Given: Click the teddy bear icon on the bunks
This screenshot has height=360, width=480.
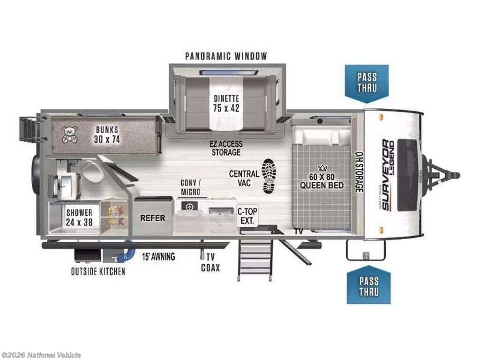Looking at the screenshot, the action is [x=70, y=135].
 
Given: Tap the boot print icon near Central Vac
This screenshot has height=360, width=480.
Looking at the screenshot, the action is [x=269, y=176].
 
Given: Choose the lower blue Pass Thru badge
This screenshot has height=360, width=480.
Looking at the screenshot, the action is [x=368, y=285].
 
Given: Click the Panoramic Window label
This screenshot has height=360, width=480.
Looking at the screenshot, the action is [x=226, y=56].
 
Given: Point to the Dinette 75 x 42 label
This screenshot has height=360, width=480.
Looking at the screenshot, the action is [x=226, y=104].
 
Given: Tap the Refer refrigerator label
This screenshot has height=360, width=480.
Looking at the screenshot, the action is [x=152, y=218].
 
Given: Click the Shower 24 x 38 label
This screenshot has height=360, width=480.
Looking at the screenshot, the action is [x=79, y=217].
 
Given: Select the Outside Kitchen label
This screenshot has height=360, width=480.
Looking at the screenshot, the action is [x=98, y=271].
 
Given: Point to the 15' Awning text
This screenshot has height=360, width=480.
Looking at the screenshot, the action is [x=158, y=256].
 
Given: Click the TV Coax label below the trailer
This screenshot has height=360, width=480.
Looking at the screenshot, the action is [x=210, y=262].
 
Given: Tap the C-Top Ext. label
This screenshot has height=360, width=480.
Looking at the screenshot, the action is [x=247, y=216].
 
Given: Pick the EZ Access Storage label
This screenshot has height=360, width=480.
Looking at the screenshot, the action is [x=226, y=148].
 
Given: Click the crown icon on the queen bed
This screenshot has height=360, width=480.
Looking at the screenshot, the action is [x=322, y=168].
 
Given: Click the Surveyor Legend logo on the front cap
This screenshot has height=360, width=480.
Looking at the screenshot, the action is [x=388, y=175].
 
